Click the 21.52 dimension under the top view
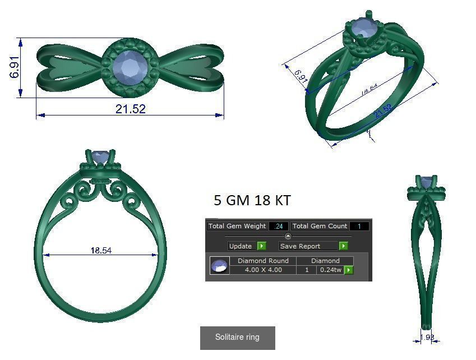point(131,109)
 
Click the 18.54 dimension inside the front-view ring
point(101,250)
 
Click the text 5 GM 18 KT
point(252,200)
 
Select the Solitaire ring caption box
point(238,338)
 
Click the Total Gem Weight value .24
point(279,227)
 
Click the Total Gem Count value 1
point(359,227)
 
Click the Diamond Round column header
point(263,261)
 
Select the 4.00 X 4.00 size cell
point(263,270)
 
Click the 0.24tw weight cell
point(331,270)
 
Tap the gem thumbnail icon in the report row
point(220,266)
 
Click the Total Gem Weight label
point(237,226)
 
